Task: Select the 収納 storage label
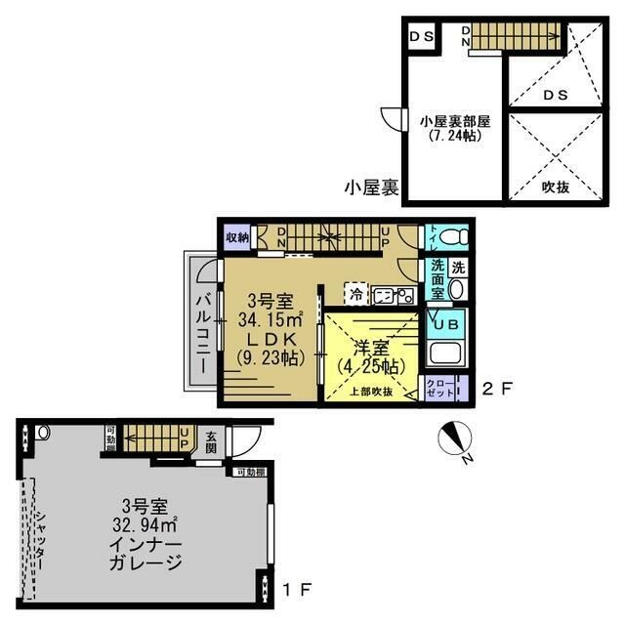237,237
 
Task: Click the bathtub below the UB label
445,356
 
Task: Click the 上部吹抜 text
372,392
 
